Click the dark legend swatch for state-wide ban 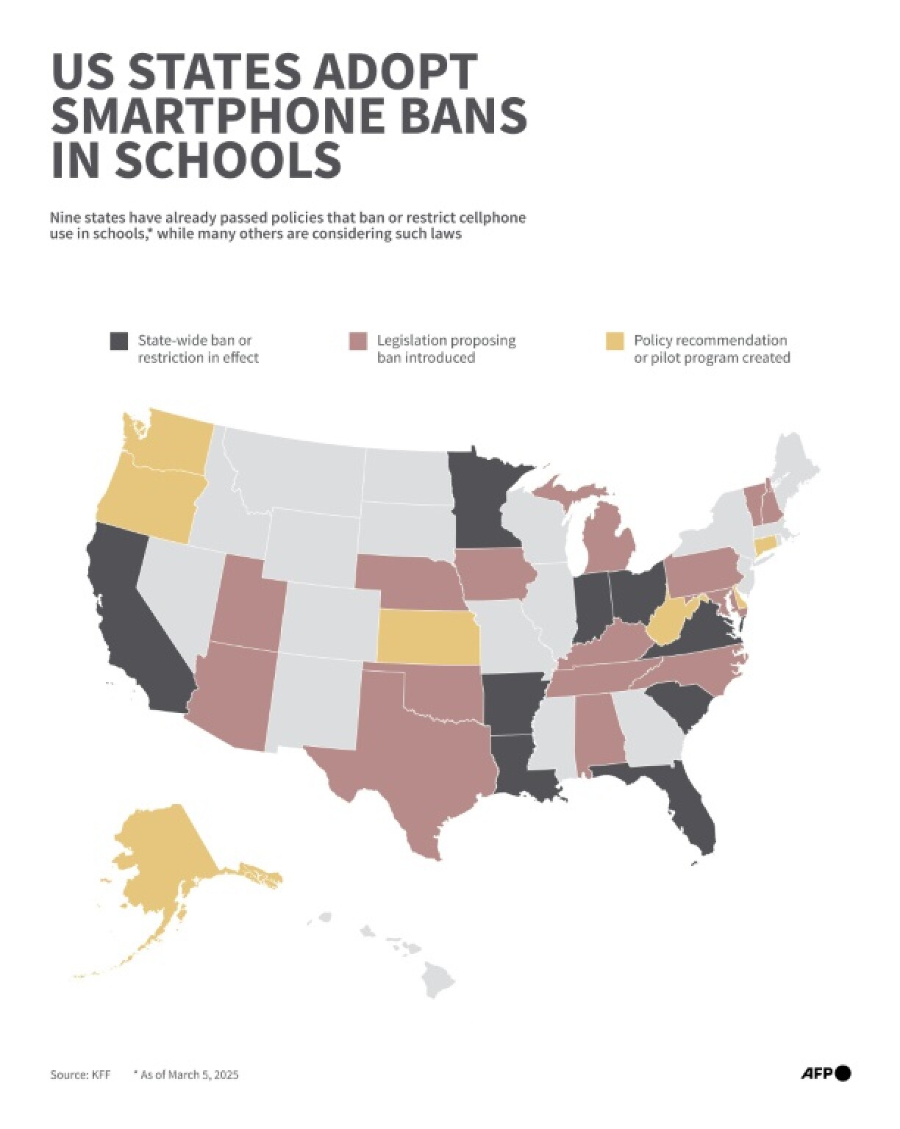coord(118,341)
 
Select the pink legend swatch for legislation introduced coord(357,341)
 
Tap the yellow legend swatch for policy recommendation coord(614,341)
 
